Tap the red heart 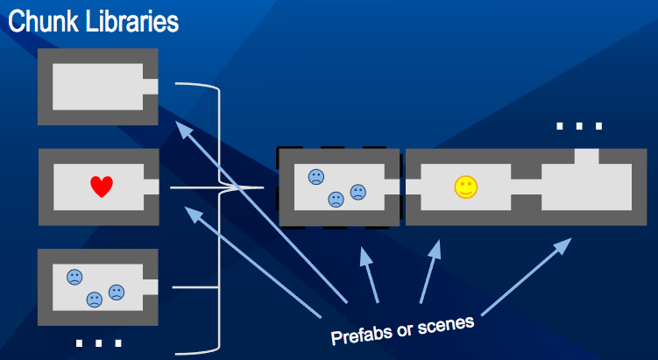[102, 187]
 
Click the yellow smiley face [465, 187]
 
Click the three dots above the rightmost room [579, 127]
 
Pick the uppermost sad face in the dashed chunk [315, 177]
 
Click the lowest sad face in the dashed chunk [336, 200]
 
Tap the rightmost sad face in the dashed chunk [357, 192]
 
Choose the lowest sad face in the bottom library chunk [94, 300]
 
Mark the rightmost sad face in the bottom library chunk [116, 292]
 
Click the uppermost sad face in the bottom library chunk [74, 277]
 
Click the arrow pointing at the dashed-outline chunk [368, 276]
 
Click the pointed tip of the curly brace [261, 187]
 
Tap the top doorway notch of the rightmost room [586, 156]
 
